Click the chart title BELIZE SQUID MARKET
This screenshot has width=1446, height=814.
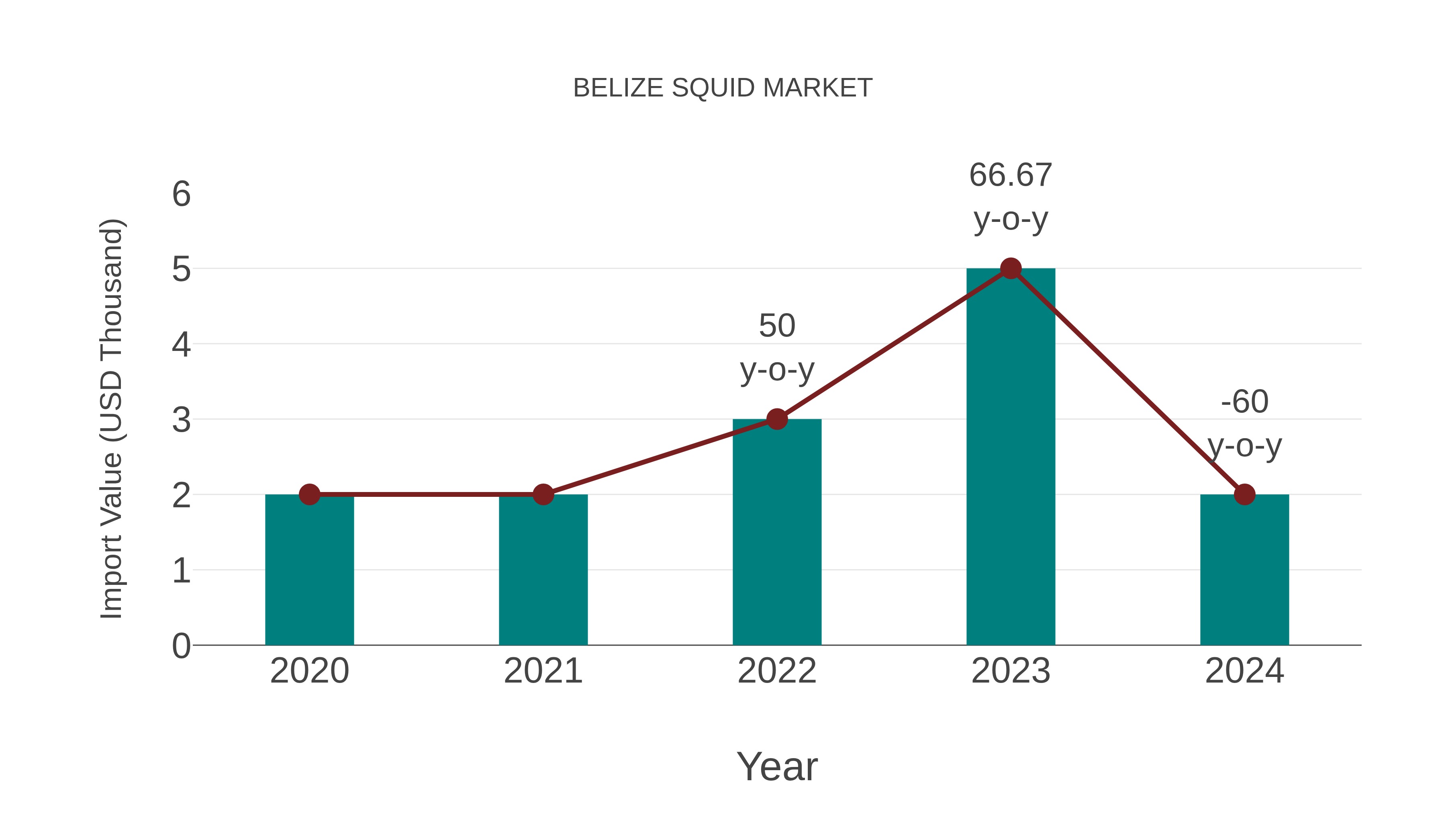tap(723, 88)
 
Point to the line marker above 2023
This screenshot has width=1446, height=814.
tap(1011, 269)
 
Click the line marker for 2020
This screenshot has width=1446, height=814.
tap(309, 494)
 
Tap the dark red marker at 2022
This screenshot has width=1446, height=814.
tap(777, 419)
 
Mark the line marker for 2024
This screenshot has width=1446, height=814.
tap(1244, 494)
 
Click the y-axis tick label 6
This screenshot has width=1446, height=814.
tap(181, 195)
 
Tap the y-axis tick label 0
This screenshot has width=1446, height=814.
tap(181, 646)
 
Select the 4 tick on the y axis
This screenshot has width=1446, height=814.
tap(181, 344)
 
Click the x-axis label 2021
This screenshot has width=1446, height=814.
tap(543, 671)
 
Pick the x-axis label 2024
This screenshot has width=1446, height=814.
tap(1244, 671)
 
